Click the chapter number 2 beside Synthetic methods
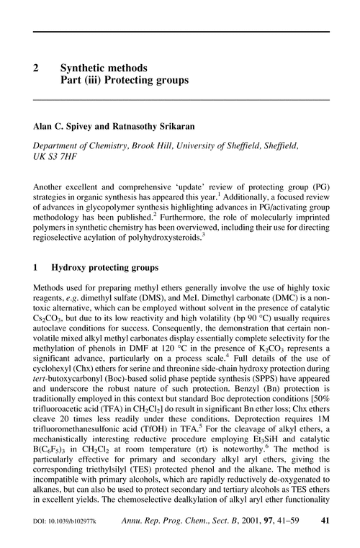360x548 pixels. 36,68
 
